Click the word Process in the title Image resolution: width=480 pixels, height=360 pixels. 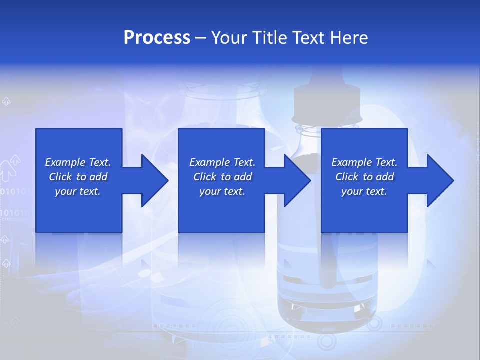[x=157, y=38]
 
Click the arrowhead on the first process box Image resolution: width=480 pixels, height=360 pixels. [x=152, y=180]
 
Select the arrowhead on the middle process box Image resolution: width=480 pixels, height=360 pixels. [x=295, y=180]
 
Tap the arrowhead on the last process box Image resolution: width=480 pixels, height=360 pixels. [x=438, y=180]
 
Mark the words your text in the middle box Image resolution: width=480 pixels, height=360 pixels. [x=222, y=191]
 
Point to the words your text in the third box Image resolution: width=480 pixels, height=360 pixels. [x=364, y=191]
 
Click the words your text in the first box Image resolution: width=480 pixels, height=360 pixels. [x=77, y=191]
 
